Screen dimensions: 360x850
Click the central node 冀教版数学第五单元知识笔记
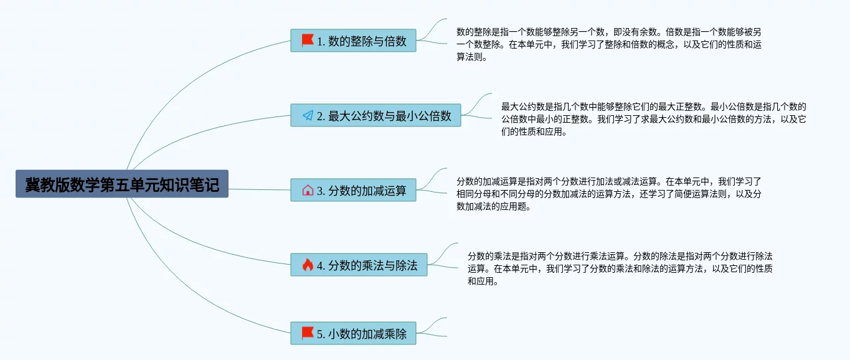[x=122, y=184]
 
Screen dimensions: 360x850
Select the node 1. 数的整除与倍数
[x=353, y=40]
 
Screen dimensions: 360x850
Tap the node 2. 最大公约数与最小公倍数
[x=375, y=115]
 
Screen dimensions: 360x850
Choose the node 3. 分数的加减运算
[x=353, y=190]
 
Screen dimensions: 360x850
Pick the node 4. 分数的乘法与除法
[x=359, y=265]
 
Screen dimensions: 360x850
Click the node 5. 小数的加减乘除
[x=353, y=333]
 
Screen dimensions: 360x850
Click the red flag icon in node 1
[x=308, y=40]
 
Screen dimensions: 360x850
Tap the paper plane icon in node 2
[x=308, y=115]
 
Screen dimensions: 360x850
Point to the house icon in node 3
[x=308, y=190]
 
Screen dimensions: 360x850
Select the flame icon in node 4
[x=308, y=265]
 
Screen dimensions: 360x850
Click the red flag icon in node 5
[x=308, y=333]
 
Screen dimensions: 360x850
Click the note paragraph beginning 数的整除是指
[x=609, y=44]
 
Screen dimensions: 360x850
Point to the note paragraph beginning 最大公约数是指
[x=653, y=119]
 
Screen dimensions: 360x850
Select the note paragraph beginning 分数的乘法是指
[x=620, y=268]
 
